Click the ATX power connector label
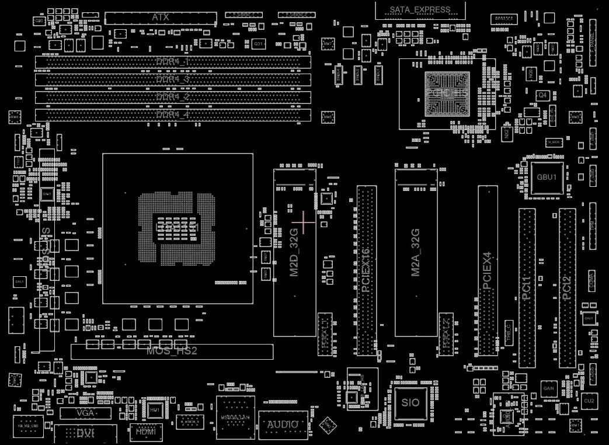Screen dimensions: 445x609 click(161, 18)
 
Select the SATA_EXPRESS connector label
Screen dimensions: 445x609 click(420, 9)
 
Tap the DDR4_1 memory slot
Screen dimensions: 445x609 click(173, 62)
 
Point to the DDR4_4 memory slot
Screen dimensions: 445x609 click(173, 115)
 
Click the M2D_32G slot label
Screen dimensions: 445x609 click(294, 252)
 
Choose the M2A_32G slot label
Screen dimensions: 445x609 click(416, 252)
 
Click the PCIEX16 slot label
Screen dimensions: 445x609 click(366, 270)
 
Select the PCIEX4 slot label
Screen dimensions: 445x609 click(488, 270)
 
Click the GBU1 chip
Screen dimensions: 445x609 click(547, 177)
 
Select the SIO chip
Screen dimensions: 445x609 click(410, 403)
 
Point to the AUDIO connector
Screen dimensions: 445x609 click(283, 425)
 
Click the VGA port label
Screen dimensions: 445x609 click(85, 413)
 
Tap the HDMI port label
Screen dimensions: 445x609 click(142, 432)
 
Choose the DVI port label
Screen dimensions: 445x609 click(85, 433)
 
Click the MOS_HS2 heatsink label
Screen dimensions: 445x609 click(172, 351)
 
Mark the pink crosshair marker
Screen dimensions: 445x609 click(304, 222)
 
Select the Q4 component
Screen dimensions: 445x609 click(542, 95)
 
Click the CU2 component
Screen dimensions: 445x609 click(589, 401)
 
